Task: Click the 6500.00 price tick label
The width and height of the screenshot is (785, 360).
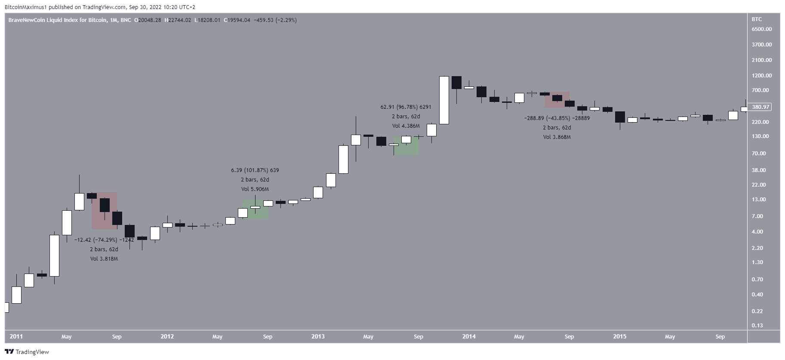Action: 761,29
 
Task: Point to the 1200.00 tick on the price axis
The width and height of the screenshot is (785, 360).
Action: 761,76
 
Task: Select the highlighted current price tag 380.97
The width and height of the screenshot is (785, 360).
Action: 760,107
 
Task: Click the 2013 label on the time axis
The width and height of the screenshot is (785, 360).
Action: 318,337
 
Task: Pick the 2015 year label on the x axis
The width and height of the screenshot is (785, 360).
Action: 619,337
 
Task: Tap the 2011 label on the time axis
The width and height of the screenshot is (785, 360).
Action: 16,337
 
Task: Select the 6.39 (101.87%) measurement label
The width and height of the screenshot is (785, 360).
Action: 255,170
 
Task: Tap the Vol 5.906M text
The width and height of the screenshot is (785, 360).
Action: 255,189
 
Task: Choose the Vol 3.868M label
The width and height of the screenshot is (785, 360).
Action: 557,137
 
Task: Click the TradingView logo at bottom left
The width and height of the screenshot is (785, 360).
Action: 27,352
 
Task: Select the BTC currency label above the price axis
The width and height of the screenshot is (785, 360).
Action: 757,19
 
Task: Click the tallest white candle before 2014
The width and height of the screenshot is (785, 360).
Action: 444,100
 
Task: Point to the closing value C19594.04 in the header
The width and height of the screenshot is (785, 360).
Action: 237,20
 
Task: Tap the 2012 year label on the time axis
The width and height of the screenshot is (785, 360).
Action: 167,337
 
